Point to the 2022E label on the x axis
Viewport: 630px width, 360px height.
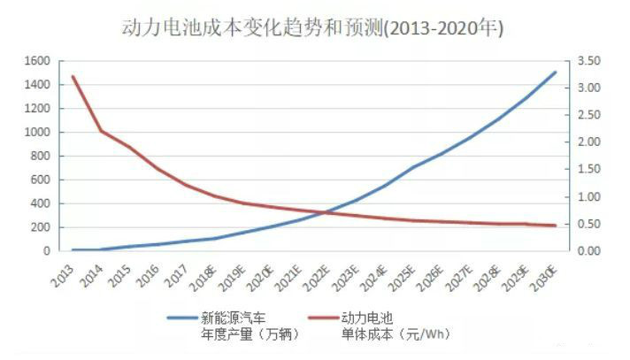pos(319,276)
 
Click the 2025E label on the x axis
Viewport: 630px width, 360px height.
pos(403,276)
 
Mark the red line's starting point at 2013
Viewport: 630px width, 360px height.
pos(73,77)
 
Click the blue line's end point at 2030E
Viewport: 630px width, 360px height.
pos(555,73)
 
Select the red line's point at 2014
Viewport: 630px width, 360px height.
pos(101,131)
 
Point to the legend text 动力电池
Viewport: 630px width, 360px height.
pos(367,317)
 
